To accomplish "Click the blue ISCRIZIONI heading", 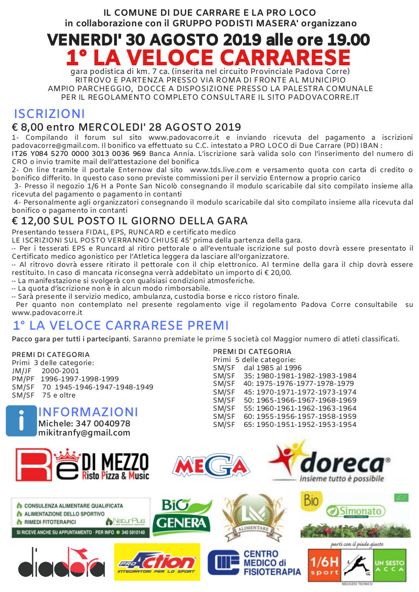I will (49, 114).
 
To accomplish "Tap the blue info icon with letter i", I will (22, 420).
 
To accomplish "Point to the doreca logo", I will (330, 462).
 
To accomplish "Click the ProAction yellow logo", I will (157, 562).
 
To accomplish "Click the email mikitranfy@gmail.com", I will (84, 433).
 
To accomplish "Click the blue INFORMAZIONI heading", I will (88, 411).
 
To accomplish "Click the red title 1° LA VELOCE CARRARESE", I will (208, 57).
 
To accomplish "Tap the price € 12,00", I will (32, 221).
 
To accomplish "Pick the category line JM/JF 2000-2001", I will (42, 371).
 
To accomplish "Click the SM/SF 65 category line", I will (284, 424).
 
